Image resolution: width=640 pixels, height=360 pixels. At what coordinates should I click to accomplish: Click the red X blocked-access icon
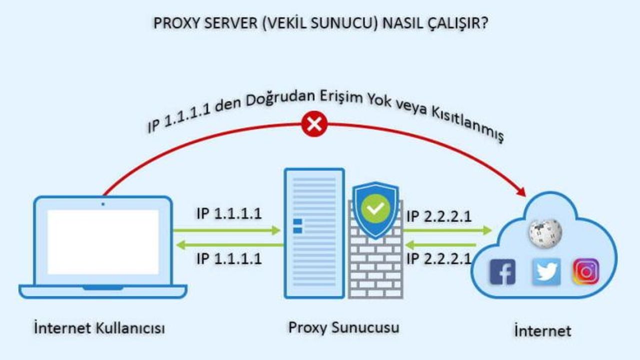coord(314,124)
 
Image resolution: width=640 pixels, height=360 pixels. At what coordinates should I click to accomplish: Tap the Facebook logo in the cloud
coord(502,271)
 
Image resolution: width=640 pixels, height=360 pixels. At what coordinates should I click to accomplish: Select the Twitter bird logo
coord(546,271)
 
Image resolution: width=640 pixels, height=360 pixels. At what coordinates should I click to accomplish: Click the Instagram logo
coord(585,271)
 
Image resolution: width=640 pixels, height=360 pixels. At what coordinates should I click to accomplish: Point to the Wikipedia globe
coord(545,233)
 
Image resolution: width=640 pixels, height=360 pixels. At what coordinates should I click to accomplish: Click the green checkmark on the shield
coord(375,209)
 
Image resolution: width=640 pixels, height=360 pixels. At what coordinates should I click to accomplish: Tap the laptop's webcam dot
coord(103,204)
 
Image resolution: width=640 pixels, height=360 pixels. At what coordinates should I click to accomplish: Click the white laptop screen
coord(103,242)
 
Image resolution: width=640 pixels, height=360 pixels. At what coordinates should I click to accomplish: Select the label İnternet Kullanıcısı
coord(99,327)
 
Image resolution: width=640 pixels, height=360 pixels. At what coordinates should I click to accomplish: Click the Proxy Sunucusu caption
coord(343,327)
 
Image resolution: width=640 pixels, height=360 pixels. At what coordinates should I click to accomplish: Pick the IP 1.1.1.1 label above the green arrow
coord(229,213)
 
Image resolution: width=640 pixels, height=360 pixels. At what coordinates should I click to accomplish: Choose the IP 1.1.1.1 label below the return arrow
coord(229,259)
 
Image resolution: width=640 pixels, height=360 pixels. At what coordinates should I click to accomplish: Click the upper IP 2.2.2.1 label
coord(439,216)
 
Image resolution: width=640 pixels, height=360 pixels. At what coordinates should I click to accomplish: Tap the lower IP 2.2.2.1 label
coord(439,259)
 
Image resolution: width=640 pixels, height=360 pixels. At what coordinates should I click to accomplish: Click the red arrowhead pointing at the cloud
coord(520,191)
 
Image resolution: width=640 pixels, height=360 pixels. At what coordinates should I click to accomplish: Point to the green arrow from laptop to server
coord(226,230)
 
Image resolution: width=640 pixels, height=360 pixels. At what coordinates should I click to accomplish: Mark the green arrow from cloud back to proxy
coord(440,245)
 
